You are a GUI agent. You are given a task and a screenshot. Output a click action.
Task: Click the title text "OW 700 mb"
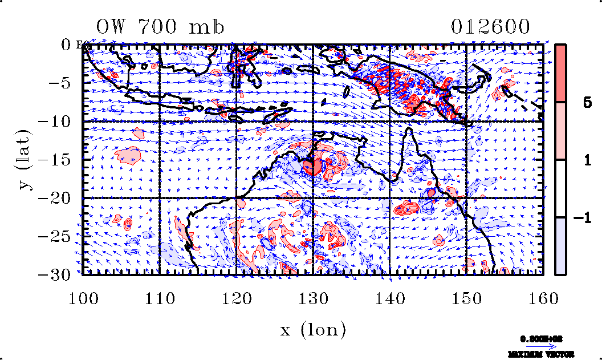click(x=160, y=27)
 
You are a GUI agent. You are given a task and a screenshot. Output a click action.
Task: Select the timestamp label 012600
click(x=490, y=27)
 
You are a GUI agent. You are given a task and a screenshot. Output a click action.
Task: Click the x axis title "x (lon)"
click(x=312, y=329)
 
